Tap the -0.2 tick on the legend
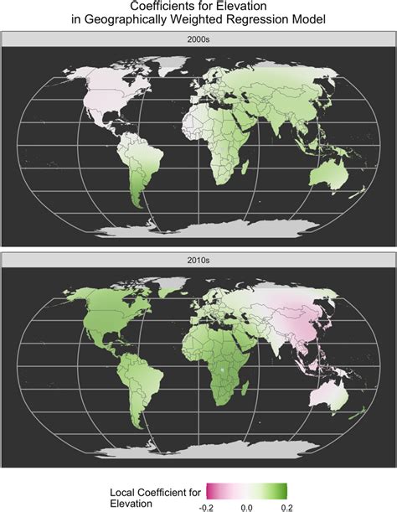pos(206,506)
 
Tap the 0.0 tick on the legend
pos(247,506)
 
